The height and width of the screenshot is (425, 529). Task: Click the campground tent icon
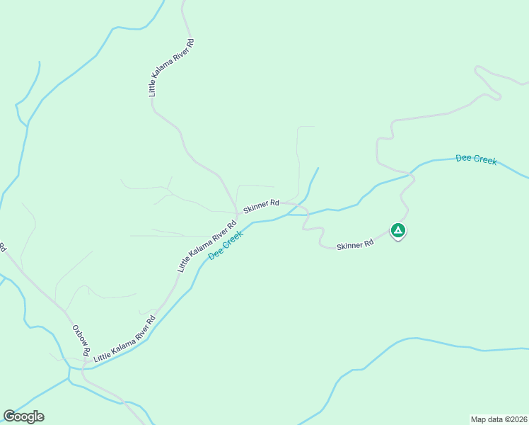[398, 230]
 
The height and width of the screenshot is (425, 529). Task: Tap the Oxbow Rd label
[81, 341]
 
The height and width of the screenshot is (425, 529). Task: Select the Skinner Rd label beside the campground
[355, 245]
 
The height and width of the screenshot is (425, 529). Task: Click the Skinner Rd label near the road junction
[262, 206]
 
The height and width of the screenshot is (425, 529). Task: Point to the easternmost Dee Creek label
[476, 159]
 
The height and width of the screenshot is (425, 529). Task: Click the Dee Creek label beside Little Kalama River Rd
[226, 244]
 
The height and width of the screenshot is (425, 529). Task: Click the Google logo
[23, 416]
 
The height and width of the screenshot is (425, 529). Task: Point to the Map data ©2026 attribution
[499, 419]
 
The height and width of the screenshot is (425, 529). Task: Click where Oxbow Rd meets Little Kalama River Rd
[83, 368]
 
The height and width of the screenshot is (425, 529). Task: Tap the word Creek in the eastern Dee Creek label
[485, 161]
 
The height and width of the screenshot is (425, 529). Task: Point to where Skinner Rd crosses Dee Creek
[306, 212]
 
